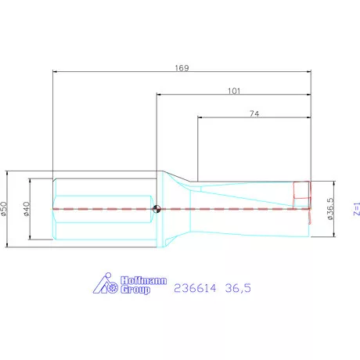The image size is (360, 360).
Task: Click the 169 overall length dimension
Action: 182,67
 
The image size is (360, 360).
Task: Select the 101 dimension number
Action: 233,91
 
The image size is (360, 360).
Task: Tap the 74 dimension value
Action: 254,114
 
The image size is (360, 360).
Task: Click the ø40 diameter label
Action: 26,209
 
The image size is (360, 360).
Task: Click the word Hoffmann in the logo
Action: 138,279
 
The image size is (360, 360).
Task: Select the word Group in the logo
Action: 135,290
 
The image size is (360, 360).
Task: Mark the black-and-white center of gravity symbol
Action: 157,209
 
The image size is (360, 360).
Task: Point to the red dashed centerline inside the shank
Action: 102,209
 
